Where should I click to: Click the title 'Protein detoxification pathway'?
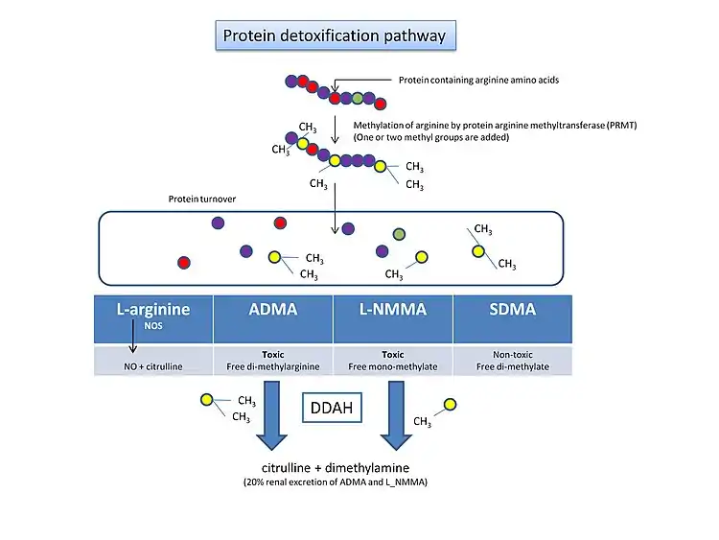[x=334, y=36]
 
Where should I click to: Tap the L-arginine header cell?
[x=153, y=318]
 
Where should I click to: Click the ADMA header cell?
[x=272, y=318]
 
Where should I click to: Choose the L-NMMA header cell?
[x=392, y=318]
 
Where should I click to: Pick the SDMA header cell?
[x=512, y=318]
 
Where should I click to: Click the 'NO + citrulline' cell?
[x=153, y=361]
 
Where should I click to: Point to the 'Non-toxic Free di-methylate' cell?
[x=512, y=361]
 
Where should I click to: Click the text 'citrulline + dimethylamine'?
[x=335, y=467]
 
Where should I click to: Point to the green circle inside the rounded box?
[x=399, y=234]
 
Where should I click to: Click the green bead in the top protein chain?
[x=358, y=99]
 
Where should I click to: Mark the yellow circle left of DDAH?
[x=206, y=400]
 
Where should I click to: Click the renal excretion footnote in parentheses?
[x=335, y=482]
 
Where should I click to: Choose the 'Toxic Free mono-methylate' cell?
[x=392, y=361]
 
